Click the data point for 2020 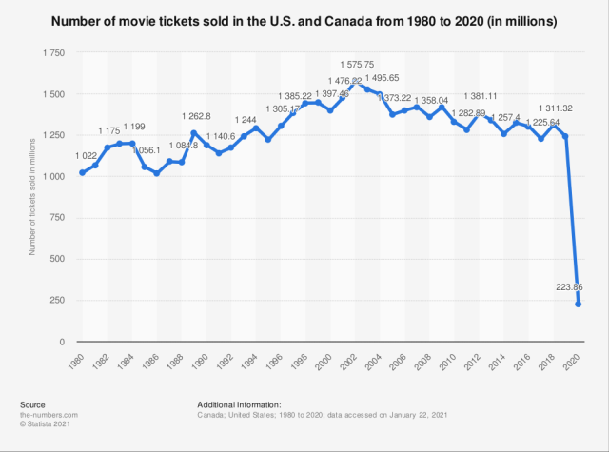[x=578, y=305]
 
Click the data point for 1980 [x=82, y=172]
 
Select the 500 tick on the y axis [x=56, y=259]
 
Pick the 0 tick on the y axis [x=62, y=341]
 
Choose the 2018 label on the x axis [x=550, y=362]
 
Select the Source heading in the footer [x=31, y=404]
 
